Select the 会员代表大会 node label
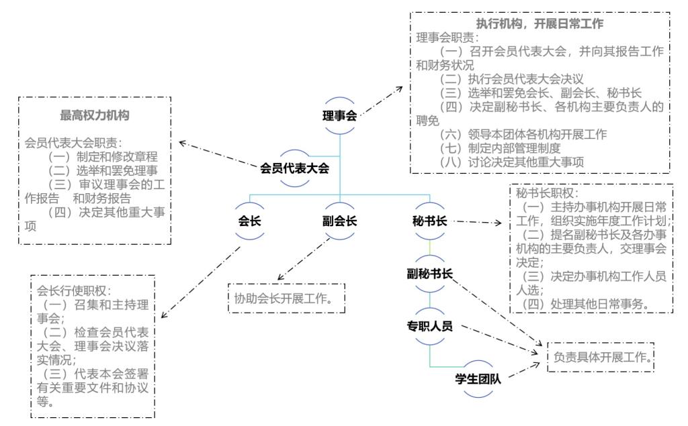(x=295, y=168)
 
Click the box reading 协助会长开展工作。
(x=284, y=296)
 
